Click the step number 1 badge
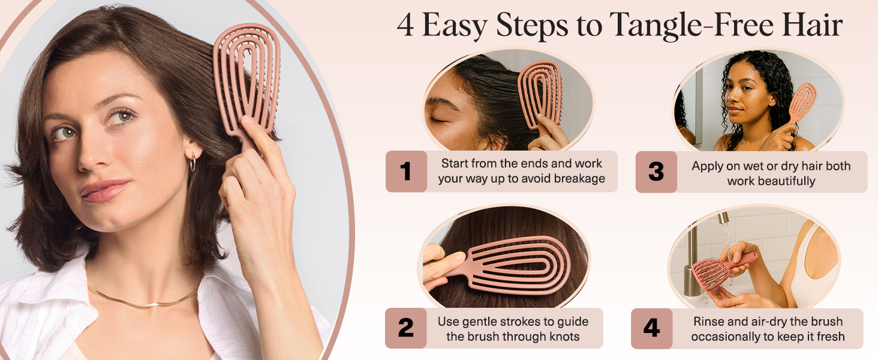point(406,172)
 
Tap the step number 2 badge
point(405,328)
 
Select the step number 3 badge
point(656,172)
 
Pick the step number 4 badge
point(651,328)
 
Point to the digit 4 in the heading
point(406,26)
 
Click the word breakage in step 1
point(578,179)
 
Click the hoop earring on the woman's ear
point(192,163)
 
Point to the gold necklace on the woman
point(143,300)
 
